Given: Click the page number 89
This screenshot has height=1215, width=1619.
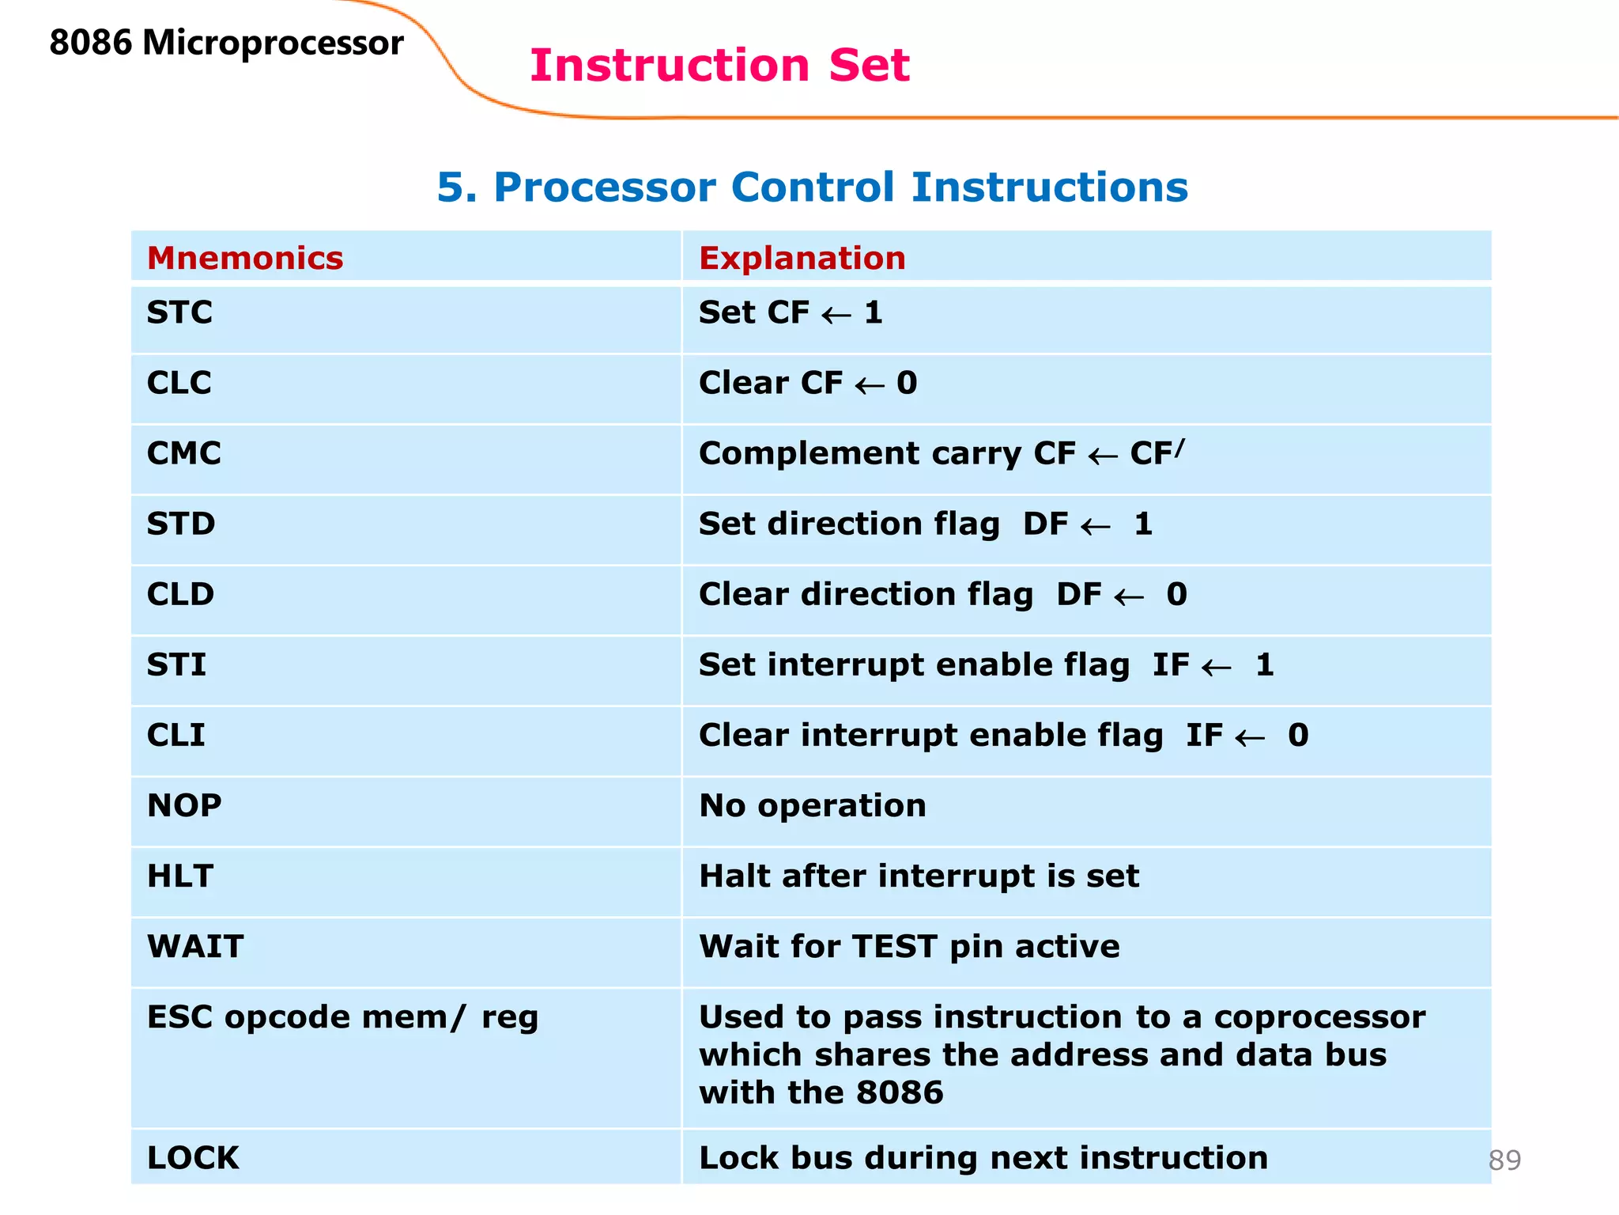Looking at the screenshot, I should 1504,1160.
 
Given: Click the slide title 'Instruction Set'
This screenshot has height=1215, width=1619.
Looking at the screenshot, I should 719,65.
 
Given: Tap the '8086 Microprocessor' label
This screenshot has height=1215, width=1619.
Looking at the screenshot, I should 226,43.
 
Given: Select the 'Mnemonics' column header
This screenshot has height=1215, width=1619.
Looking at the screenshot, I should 245,259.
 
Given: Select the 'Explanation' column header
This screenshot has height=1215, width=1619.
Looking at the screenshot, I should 802,259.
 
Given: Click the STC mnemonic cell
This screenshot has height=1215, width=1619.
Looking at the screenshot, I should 179,313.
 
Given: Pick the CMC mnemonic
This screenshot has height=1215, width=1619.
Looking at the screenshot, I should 183,454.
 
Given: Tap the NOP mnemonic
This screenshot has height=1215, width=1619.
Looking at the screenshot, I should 184,806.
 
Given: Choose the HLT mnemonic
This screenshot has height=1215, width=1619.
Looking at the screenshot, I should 180,876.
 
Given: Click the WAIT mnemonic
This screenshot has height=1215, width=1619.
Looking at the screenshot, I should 195,947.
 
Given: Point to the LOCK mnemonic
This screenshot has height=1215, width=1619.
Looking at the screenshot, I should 193,1158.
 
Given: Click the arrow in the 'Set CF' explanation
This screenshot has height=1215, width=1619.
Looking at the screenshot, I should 836,316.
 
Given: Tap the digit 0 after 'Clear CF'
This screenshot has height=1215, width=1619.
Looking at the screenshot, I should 907,384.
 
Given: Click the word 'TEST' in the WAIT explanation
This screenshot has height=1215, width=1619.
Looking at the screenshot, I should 895,947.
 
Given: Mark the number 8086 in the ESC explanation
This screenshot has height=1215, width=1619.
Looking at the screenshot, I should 900,1093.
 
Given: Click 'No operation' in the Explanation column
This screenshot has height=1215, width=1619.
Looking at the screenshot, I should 812,806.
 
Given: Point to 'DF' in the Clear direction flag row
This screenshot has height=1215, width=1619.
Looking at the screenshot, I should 1078,595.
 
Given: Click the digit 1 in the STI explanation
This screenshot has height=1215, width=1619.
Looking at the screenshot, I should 1264,665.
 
